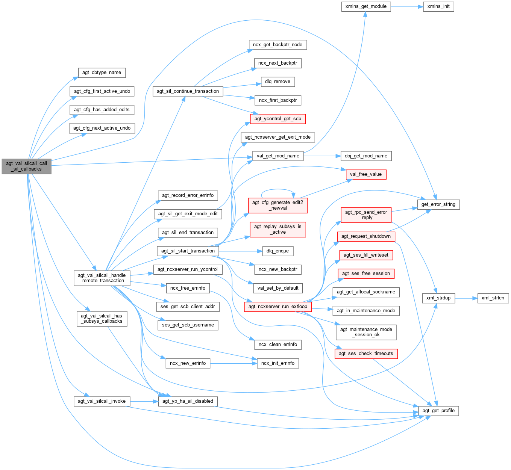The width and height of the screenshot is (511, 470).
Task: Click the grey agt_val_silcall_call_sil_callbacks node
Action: click(26, 166)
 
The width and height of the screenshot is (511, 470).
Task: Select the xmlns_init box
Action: click(438, 6)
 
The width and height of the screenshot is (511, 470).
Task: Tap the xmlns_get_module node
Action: click(366, 6)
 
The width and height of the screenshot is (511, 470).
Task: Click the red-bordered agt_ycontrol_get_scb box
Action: click(278, 119)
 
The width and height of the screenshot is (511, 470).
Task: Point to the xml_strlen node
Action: click(493, 298)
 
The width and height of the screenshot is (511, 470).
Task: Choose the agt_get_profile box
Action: click(438, 411)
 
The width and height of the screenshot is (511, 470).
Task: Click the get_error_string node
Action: click(438, 204)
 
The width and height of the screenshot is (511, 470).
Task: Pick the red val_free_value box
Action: click(365, 174)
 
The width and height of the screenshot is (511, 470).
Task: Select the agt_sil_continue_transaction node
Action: click(188, 91)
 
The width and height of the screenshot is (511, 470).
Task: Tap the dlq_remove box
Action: click(278, 82)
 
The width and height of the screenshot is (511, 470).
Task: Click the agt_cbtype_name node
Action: click(102, 73)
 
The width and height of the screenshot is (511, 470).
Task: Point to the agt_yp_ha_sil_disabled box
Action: click(188, 401)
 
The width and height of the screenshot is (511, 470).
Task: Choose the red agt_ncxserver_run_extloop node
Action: click(278, 307)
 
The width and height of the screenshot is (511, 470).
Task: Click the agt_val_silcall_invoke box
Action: click(102, 401)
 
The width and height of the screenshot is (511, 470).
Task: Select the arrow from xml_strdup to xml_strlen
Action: click(466, 298)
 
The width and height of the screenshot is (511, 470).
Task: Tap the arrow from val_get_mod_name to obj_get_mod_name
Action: click(322, 156)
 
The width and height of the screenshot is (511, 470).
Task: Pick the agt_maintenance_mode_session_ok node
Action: click(366, 332)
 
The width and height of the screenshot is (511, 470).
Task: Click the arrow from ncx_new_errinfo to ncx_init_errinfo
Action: click(233, 363)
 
